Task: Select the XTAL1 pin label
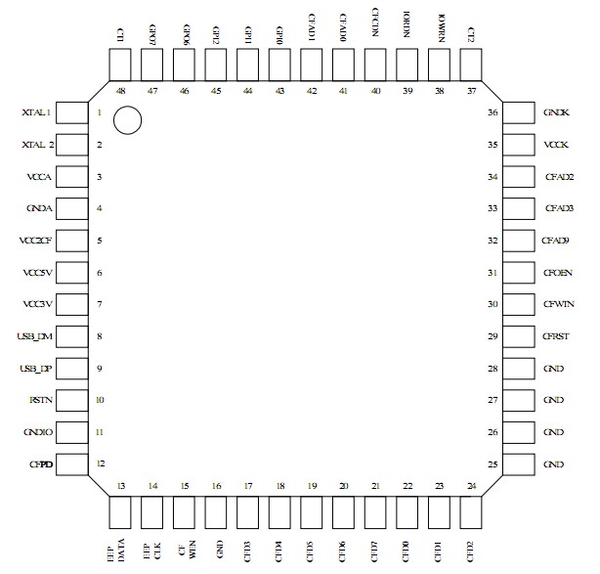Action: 37,114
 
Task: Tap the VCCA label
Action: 40,177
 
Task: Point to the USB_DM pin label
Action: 35,336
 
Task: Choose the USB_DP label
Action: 35,369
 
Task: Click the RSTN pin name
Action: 41,400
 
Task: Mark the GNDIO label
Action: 38,431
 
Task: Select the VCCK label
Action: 557,145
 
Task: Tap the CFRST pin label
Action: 557,336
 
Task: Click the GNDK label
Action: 557,113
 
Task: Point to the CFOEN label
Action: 558,273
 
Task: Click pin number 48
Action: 120,89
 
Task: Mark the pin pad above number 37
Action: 471,65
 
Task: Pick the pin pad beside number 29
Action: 518,336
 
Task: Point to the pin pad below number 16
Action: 216,511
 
